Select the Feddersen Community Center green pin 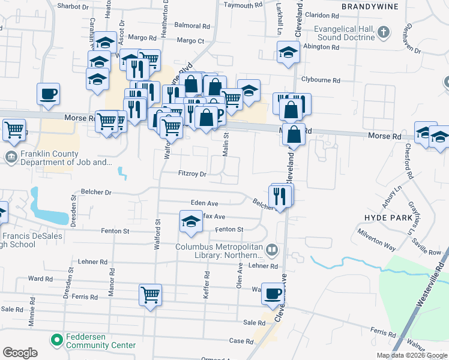[x=57, y=340]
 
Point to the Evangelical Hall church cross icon [x=384, y=32]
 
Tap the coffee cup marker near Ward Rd [x=273, y=293]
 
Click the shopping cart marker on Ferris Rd [x=150, y=294]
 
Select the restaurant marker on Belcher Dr [x=281, y=195]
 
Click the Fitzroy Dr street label [x=192, y=174]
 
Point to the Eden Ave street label [x=204, y=204]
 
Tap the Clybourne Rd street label [x=321, y=80]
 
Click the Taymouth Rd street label [x=243, y=4]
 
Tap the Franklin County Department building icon [x=11, y=157]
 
